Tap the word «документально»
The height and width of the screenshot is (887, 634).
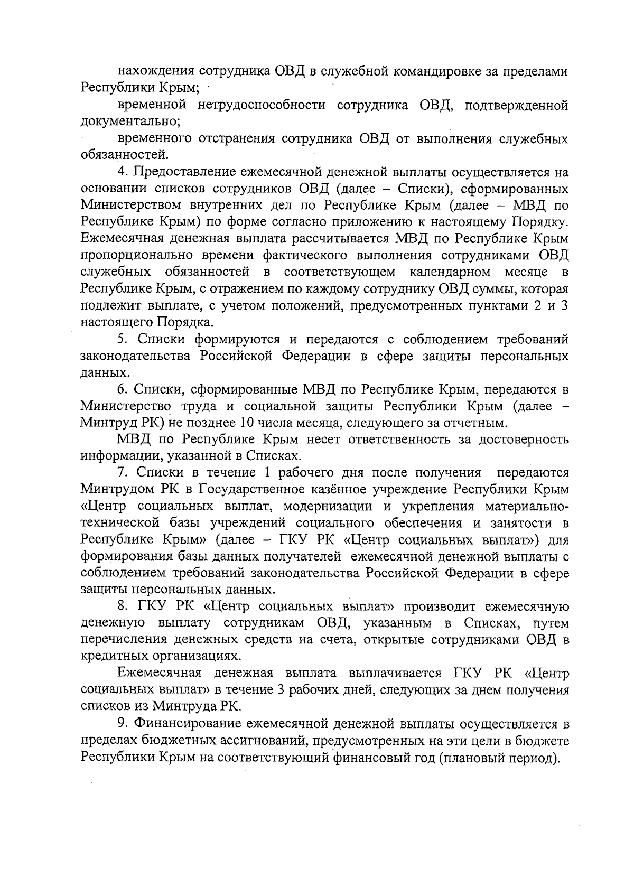click(x=130, y=122)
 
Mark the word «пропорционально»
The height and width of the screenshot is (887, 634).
click(x=136, y=256)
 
